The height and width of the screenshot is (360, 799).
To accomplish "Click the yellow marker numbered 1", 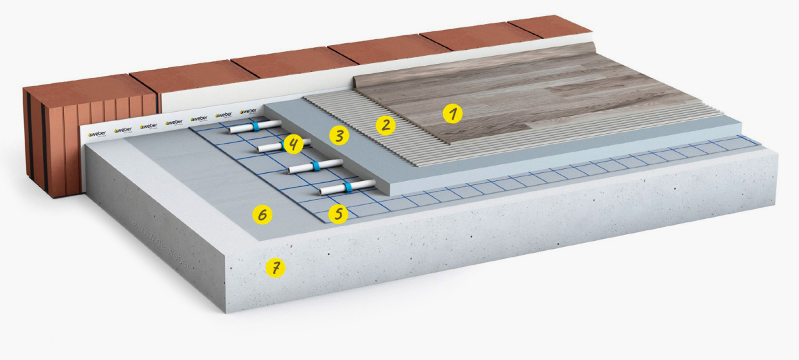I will (453, 114).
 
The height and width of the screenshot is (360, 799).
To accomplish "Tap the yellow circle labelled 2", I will (385, 124).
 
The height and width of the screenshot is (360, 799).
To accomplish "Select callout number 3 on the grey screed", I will (340, 137).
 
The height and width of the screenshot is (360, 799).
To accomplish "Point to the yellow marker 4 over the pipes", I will (292, 143).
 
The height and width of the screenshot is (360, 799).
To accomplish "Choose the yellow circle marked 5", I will (338, 214).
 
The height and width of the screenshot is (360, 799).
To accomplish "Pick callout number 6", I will (262, 215).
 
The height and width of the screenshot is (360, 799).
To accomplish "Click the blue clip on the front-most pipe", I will (347, 188).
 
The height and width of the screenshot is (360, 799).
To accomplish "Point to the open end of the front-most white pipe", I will (323, 192).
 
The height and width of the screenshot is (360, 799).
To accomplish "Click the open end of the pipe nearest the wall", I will (234, 130).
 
